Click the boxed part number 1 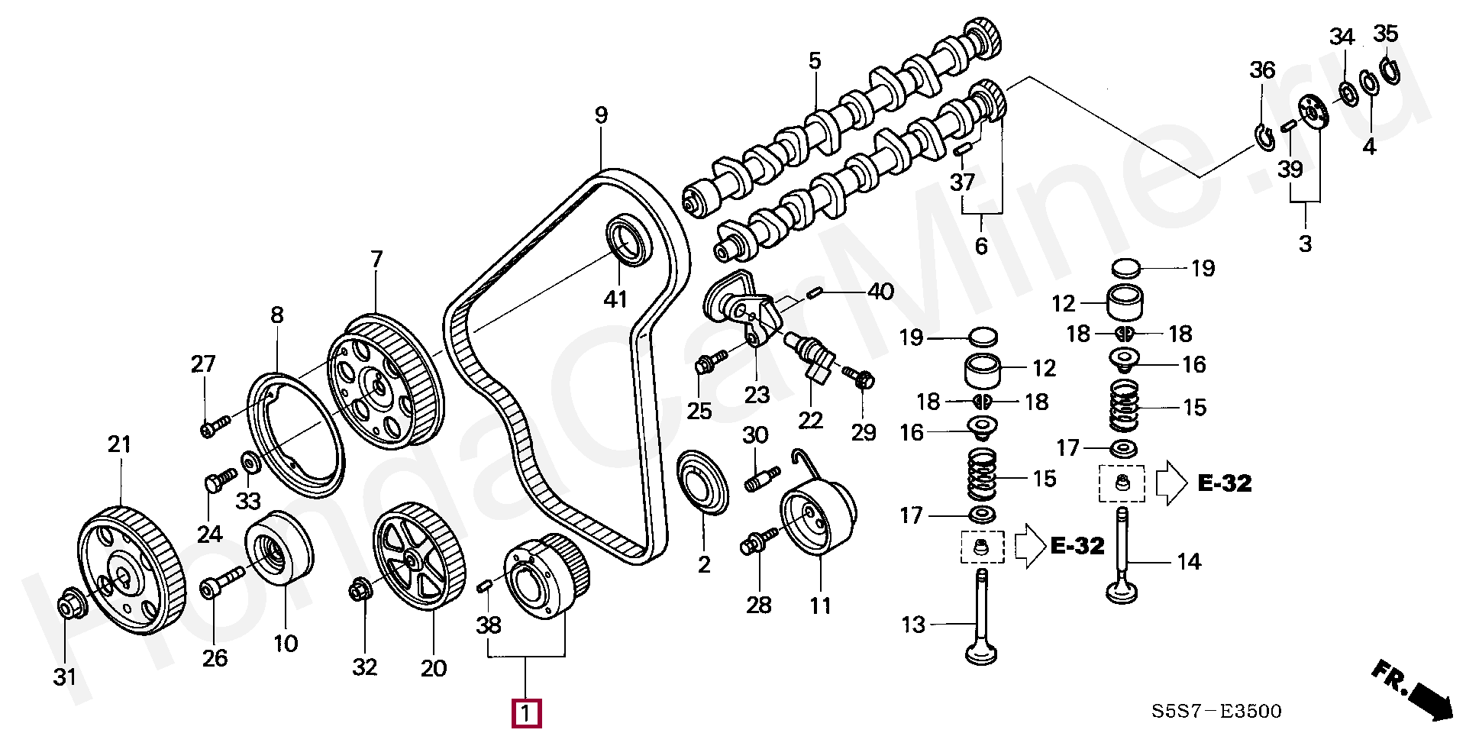click(525, 715)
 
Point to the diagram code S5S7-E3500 click(1217, 712)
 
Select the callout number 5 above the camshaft click(815, 60)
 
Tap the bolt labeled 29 click(859, 376)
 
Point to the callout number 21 click(119, 444)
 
